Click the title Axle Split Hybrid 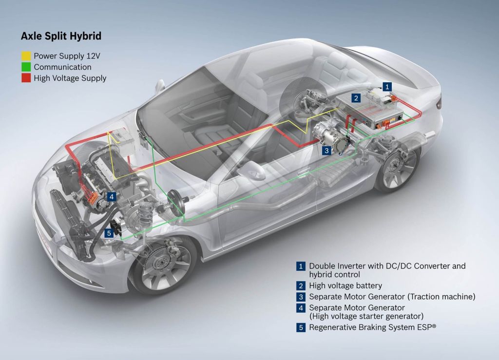(61, 36)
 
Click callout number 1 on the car (386, 86)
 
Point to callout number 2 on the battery (356, 98)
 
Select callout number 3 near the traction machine (327, 151)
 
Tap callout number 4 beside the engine (112, 197)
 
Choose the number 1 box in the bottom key (301, 266)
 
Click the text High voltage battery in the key (345, 285)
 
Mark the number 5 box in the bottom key (301, 327)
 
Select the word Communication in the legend (62, 67)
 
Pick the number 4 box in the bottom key (301, 308)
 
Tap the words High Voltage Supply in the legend (70, 78)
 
